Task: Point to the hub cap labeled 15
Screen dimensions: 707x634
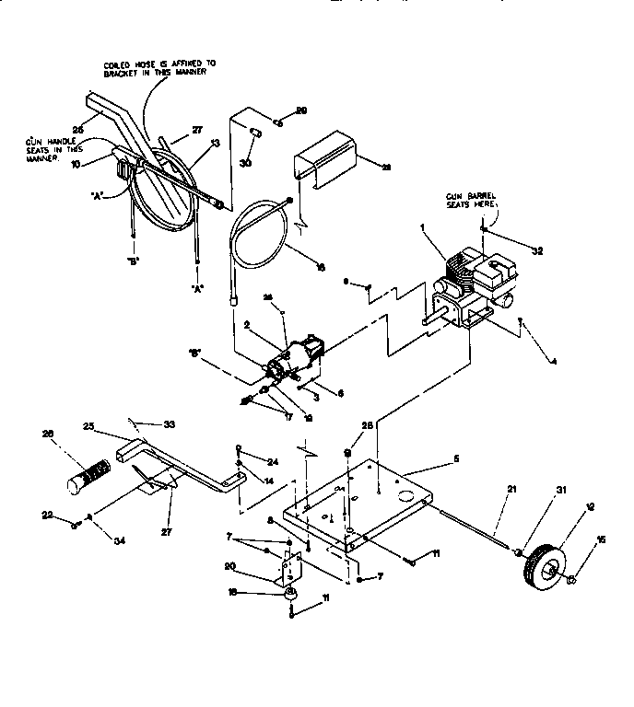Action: click(572, 579)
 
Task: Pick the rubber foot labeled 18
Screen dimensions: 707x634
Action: click(292, 596)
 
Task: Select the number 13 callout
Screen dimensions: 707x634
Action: click(216, 143)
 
